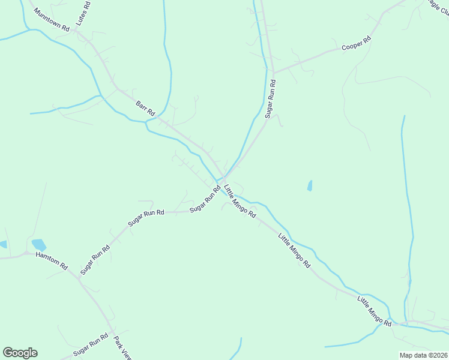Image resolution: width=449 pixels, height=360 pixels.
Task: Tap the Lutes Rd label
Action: [x=83, y=13]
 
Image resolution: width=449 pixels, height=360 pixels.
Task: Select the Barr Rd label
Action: [x=145, y=109]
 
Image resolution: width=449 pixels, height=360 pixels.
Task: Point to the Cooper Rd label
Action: [x=357, y=43]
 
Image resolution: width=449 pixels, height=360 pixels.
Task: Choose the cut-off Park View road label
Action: [x=122, y=347]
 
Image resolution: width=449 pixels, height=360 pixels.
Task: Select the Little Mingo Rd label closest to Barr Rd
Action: [x=240, y=201]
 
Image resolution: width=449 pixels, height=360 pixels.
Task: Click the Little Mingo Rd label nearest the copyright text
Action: [x=375, y=311]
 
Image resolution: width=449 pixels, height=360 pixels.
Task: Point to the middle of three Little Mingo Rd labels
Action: [x=294, y=250]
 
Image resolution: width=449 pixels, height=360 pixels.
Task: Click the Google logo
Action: [x=20, y=353]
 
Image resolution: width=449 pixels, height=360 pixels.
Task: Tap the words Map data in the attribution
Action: [x=413, y=355]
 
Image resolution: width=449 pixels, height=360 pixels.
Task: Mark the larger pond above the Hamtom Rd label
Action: [x=39, y=245]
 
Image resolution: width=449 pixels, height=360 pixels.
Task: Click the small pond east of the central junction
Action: [x=310, y=185]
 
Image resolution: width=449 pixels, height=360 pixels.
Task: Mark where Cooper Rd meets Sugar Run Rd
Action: [x=273, y=72]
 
